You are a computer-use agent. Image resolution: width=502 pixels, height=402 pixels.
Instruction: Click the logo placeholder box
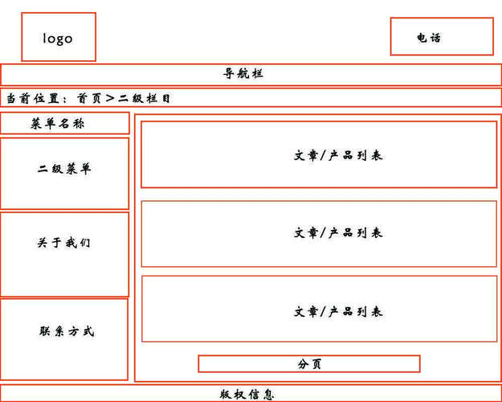tap(58, 37)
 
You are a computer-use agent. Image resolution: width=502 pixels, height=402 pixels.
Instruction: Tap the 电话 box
tap(441, 37)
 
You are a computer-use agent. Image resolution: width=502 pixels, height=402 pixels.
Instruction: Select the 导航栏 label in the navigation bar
tap(243, 74)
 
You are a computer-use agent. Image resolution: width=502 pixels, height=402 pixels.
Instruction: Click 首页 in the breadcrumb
tap(89, 98)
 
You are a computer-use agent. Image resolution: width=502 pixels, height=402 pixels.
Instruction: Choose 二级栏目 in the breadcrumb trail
tap(145, 98)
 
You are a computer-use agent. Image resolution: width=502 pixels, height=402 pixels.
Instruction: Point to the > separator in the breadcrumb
tap(110, 98)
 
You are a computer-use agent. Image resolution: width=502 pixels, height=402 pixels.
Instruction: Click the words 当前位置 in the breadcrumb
tap(33, 98)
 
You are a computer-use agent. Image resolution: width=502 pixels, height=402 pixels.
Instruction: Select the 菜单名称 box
tap(64, 123)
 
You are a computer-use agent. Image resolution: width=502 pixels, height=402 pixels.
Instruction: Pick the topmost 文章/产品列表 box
tap(319, 154)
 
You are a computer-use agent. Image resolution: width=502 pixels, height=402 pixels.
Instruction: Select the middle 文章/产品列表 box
tap(319, 233)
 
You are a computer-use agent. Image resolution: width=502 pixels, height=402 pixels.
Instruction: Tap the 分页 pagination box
tap(309, 364)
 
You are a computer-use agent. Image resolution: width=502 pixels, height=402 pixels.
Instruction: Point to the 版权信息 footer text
tap(247, 395)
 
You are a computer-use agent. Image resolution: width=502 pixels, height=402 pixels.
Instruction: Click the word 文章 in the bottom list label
tap(306, 312)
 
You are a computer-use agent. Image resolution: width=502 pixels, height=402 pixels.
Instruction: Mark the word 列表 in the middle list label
tap(369, 233)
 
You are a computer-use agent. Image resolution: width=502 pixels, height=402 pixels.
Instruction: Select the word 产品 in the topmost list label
tap(341, 155)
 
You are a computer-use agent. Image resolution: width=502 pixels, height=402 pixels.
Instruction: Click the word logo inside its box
tap(58, 38)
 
